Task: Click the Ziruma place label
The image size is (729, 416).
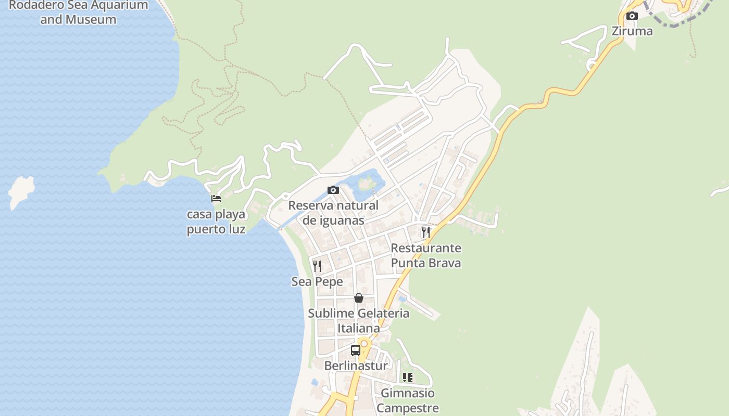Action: pos(632,31)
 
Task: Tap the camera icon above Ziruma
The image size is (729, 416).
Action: pos(632,16)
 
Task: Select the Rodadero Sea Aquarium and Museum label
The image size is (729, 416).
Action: pos(79,12)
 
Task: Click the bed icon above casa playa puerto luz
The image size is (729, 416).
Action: pos(216,198)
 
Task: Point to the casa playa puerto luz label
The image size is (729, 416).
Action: pos(216,222)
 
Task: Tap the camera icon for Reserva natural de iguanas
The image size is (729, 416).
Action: pos(333,190)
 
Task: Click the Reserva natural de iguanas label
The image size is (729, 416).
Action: pos(333,213)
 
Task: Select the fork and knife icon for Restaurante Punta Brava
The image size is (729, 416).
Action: pos(426,232)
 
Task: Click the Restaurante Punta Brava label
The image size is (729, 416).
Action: pos(426,255)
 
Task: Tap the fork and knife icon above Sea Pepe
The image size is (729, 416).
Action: pos(317,266)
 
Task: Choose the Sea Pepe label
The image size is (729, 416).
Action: pos(317,282)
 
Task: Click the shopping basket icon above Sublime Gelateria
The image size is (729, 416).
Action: pos(359,298)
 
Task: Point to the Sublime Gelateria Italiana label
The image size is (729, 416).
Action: pos(359,321)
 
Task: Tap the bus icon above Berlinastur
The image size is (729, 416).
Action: pos(356,350)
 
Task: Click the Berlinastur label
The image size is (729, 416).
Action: pos(356,366)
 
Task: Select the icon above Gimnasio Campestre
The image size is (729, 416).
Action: pos(408,378)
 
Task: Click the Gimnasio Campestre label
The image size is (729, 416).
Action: pos(408,400)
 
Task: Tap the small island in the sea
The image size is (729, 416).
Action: pos(21,191)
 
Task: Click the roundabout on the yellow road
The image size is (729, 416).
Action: pos(364,343)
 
